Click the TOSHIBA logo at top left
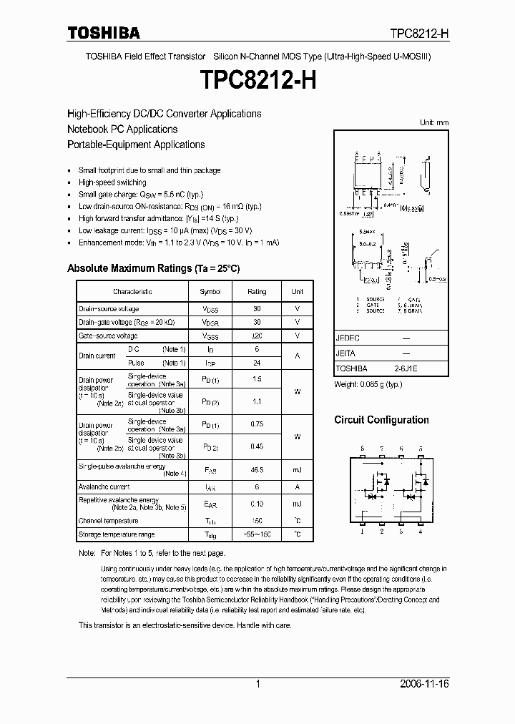tap(104, 33)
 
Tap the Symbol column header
tap(210, 292)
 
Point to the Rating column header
tap(257, 292)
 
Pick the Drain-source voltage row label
tap(109, 308)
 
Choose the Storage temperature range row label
tap(116, 534)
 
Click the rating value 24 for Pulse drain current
tap(257, 363)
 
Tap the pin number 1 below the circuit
tap(363, 532)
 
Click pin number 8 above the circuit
tap(363, 449)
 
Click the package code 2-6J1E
tap(404, 368)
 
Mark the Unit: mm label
tap(433, 122)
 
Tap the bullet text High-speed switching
tap(112, 182)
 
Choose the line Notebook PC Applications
tap(122, 129)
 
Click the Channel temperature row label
tap(108, 521)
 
